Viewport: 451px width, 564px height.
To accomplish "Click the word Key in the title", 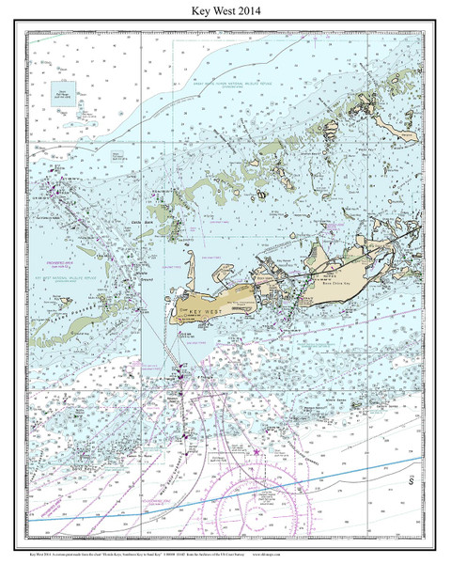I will (202, 10).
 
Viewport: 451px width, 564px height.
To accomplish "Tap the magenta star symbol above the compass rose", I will (256, 453).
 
